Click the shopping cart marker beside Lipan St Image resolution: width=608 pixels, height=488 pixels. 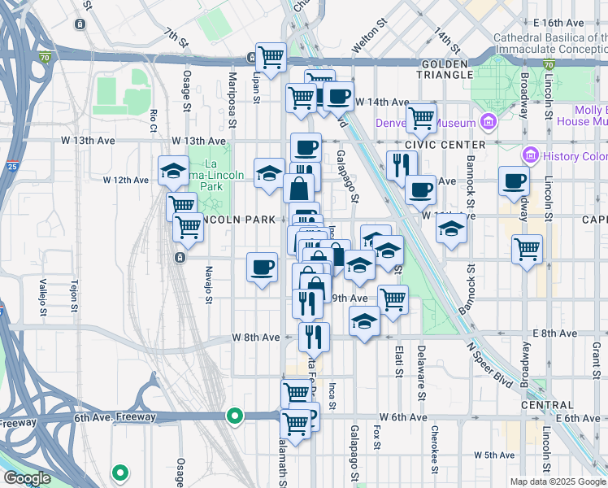[271, 58]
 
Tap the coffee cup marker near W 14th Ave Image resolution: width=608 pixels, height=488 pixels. [338, 97]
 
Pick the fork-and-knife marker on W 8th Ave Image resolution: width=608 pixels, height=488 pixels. [314, 335]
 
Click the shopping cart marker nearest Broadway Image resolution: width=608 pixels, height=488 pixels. [528, 248]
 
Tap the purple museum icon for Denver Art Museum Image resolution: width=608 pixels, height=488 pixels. [489, 123]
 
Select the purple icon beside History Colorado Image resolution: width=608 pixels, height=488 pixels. [531, 155]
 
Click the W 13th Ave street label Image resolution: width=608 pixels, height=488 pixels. [90, 140]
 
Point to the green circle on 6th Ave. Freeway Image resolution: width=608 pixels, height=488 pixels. [235, 416]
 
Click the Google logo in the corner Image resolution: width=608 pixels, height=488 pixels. [27, 478]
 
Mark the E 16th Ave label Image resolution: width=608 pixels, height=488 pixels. [577, 22]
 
